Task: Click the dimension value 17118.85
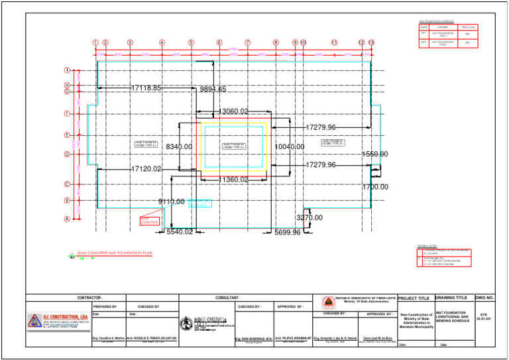point(146,88)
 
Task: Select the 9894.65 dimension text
point(213,90)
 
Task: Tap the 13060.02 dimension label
point(234,111)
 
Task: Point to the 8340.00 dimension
point(179,147)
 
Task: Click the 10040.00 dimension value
point(289,147)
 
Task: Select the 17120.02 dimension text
point(146,169)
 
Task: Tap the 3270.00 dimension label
point(310,217)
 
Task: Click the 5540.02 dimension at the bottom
point(180,232)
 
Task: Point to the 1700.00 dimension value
point(375,187)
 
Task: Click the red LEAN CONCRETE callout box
point(148,219)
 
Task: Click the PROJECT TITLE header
point(414,298)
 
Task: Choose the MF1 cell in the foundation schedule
point(424,33)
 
